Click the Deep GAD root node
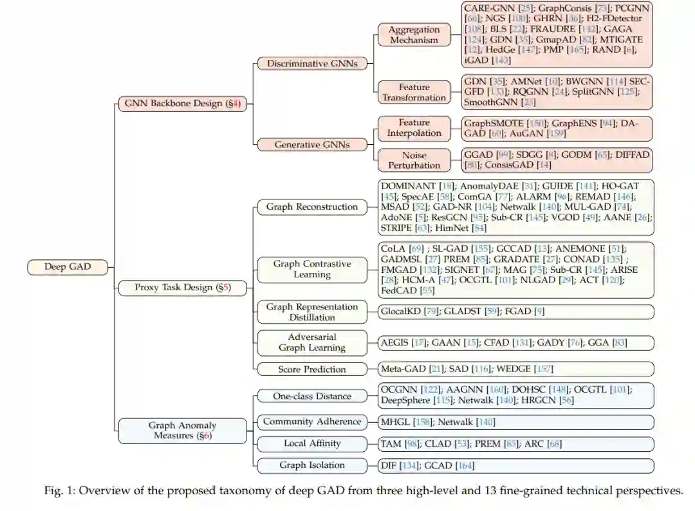click(x=68, y=266)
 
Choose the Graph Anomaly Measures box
click(x=183, y=431)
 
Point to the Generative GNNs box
click(x=312, y=145)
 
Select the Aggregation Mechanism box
click(x=414, y=35)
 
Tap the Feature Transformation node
click(x=414, y=92)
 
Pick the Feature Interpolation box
click(x=414, y=127)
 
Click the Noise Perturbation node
click(x=414, y=160)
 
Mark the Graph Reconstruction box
click(x=312, y=207)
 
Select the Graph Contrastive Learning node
click(x=312, y=269)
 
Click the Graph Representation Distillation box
click(x=312, y=312)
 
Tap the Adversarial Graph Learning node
click(x=312, y=342)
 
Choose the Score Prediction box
click(x=312, y=369)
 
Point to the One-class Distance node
click(x=312, y=396)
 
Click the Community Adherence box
click(x=312, y=422)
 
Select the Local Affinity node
click(x=312, y=443)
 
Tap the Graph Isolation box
click(x=312, y=465)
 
